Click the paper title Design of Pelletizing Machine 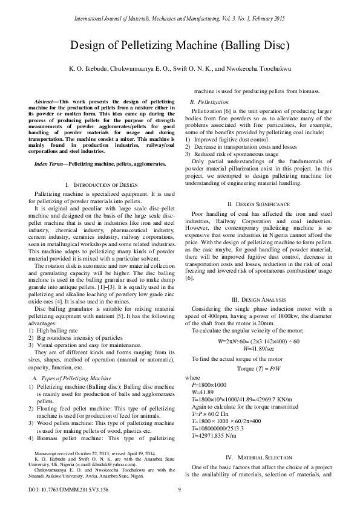point(180,45)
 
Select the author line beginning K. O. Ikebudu point(180,70)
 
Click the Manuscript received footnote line point(94,453)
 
